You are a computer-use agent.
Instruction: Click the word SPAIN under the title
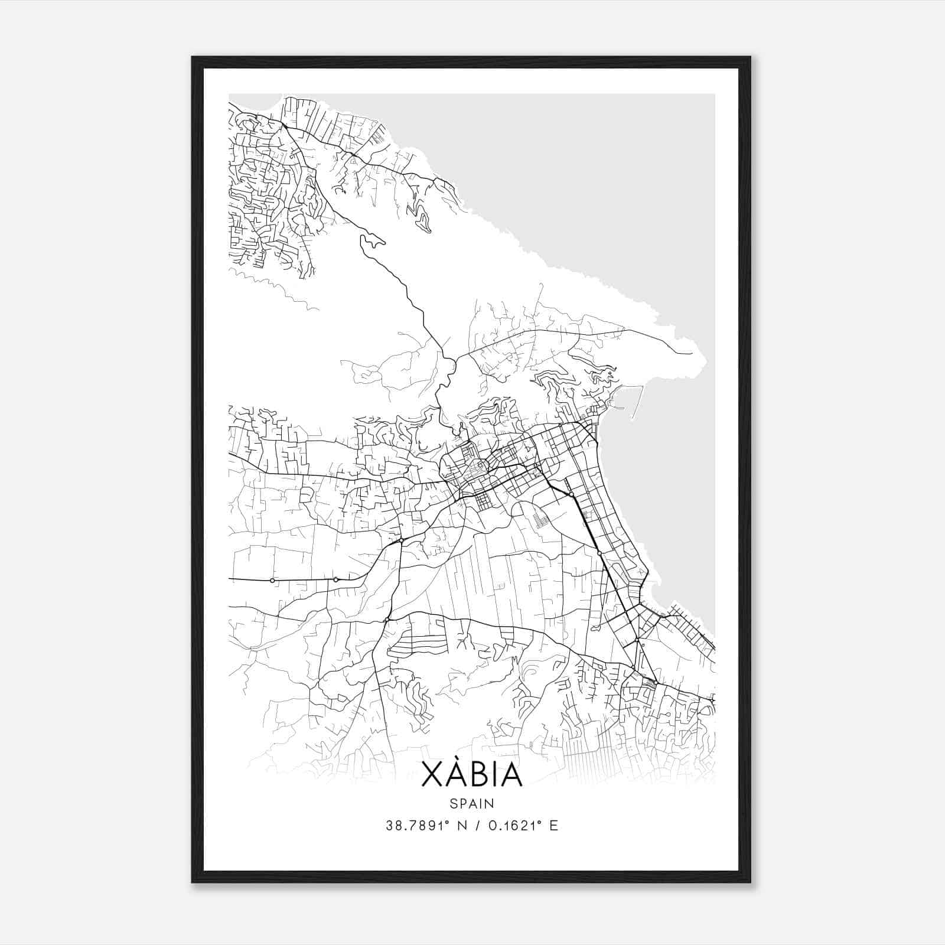coord(472,803)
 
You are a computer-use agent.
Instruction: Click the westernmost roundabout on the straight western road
coord(272,581)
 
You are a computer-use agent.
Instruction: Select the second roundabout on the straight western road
coord(335,579)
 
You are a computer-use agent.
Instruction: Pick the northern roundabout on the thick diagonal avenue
coord(571,494)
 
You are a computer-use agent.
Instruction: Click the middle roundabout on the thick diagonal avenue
coord(599,553)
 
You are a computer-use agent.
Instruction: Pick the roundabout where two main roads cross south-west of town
coord(401,540)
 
